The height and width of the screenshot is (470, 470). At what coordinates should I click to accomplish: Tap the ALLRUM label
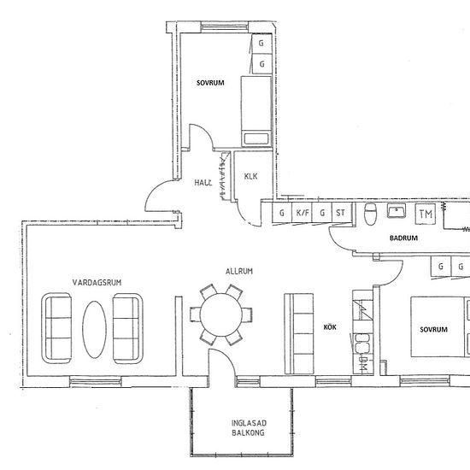click(238, 271)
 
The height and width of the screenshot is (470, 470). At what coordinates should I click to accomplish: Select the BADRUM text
click(403, 238)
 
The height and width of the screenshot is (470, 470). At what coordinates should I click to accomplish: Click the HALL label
click(203, 183)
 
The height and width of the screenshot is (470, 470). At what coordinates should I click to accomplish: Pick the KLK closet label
click(250, 177)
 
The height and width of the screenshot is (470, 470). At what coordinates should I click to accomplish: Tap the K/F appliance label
click(302, 214)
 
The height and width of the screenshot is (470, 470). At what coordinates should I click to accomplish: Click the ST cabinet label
click(341, 214)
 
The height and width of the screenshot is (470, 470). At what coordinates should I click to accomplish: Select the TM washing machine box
click(425, 214)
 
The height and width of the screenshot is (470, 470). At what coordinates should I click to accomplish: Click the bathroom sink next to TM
click(397, 211)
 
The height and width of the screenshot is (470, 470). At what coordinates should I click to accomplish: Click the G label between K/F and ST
click(323, 214)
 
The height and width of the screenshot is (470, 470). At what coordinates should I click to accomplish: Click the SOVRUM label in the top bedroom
click(210, 83)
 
